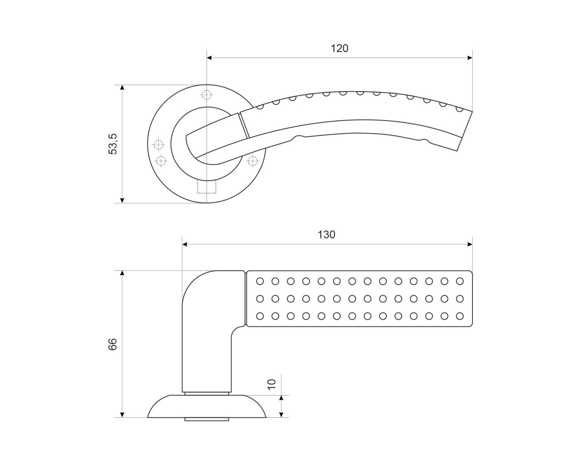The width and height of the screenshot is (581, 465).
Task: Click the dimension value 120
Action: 340,49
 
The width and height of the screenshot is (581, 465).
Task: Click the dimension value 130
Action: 326,235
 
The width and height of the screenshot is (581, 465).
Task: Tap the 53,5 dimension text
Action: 113,144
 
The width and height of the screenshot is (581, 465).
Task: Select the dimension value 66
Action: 113,344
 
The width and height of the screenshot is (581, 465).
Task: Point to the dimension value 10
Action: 272,385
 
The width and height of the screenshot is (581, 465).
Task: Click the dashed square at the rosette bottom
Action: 207,187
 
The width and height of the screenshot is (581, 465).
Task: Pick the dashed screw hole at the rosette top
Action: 207,94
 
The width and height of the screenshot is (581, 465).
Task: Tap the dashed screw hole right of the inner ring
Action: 252,161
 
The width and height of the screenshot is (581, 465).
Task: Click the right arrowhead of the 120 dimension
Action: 470,58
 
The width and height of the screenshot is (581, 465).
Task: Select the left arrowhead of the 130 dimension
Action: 185,244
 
